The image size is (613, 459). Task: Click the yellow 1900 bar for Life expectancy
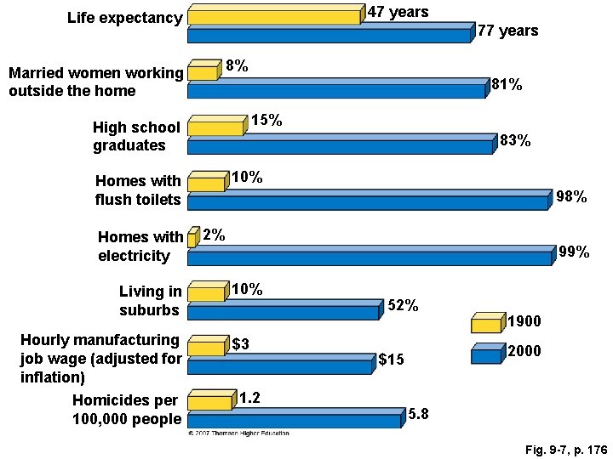[x=274, y=17]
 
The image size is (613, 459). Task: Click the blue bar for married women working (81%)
[x=335, y=90]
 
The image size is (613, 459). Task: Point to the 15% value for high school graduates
[x=266, y=121]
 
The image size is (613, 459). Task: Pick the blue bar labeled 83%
[x=340, y=146]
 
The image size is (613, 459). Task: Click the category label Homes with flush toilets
[x=138, y=190]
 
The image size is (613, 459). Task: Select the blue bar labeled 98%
[x=368, y=202]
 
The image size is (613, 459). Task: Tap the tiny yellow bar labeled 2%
[x=192, y=241]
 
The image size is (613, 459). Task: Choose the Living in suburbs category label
[x=150, y=301]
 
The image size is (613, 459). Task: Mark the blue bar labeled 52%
[x=283, y=312]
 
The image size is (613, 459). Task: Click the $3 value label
[x=241, y=344]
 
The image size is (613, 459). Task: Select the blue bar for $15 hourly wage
[x=279, y=366]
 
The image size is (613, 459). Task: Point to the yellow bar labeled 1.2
[x=209, y=402]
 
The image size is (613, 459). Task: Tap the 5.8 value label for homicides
[x=419, y=415]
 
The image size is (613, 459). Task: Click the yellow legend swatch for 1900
[x=486, y=325]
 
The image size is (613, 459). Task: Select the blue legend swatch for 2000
[x=486, y=355]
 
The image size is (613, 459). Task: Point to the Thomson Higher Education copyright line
[x=238, y=433]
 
